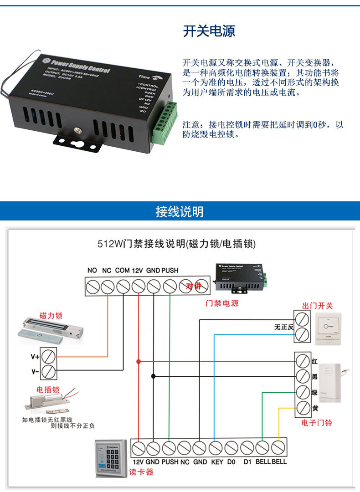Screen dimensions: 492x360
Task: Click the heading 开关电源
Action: [209, 32]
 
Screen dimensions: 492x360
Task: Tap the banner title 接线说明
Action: [180, 212]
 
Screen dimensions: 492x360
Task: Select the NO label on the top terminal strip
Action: [92, 271]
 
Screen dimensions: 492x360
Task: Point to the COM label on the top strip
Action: [122, 271]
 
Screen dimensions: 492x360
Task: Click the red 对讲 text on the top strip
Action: [193, 286]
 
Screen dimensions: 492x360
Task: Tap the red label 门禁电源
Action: [222, 303]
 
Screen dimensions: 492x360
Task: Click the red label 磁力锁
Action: [51, 315]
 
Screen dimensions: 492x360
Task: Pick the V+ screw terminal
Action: [49, 355]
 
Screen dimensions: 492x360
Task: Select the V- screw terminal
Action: [49, 371]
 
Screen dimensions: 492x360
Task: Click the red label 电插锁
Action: [48, 390]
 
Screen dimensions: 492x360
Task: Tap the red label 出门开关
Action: [318, 306]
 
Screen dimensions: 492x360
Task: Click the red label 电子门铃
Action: [317, 423]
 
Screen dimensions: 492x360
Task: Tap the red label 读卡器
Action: [141, 472]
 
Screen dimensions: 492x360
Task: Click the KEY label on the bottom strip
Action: [216, 461]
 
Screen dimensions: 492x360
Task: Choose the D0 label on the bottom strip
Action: [231, 461]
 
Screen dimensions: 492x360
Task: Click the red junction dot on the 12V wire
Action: [139, 361]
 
